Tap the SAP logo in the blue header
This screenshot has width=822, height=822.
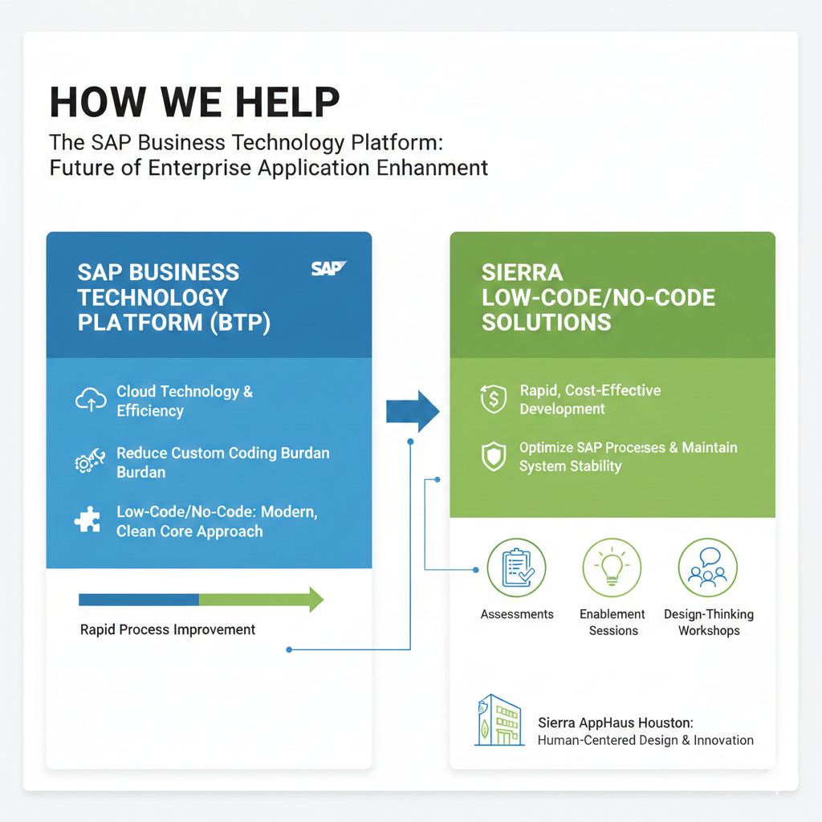click(328, 268)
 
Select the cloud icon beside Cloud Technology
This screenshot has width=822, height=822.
click(91, 400)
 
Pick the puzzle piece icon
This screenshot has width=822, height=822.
click(87, 520)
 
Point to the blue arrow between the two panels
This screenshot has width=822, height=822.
click(413, 412)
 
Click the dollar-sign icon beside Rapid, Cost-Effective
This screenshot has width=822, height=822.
click(493, 399)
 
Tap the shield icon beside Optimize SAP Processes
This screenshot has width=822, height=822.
click(493, 456)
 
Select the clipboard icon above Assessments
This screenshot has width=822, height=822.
click(516, 568)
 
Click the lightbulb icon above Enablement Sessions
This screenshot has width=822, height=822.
click(612, 568)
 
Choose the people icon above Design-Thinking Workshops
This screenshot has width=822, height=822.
click(708, 568)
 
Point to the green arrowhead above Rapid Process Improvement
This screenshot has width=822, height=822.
click(315, 599)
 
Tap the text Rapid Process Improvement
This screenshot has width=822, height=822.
click(168, 629)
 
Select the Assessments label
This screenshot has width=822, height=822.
click(517, 614)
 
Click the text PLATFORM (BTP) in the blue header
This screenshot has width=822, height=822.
click(174, 322)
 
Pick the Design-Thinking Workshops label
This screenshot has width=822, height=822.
click(709, 622)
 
